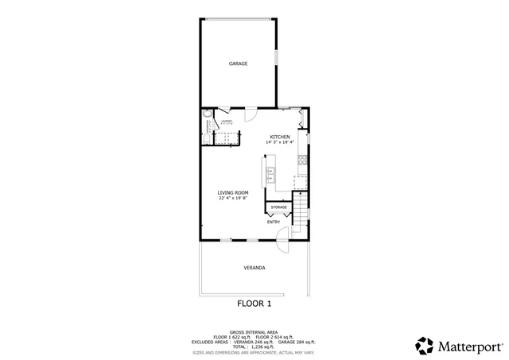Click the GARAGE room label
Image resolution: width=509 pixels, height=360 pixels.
coord(239,64)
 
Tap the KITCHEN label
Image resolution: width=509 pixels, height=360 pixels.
coord(279,137)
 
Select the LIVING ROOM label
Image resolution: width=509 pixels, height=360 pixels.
coord(234,192)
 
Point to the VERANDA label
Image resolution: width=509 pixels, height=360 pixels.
coord(254,268)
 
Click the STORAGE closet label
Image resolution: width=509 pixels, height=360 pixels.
coord(278,207)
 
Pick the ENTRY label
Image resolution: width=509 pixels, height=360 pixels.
coord(274,222)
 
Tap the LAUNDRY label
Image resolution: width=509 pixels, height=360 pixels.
coord(226,121)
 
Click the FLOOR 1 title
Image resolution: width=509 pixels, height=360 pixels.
coord(254,304)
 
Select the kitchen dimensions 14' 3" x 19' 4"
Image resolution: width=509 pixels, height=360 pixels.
coord(279,142)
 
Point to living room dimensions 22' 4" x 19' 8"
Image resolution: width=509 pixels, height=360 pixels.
coord(234,198)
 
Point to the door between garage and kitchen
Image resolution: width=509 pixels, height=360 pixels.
coord(248,114)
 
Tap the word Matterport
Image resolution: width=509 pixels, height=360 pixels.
coord(470,347)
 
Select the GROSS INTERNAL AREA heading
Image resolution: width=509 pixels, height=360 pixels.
coord(254,331)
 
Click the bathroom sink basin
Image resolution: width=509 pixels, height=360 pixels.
coord(208,124)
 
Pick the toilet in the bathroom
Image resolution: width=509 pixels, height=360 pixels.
coord(207,139)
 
